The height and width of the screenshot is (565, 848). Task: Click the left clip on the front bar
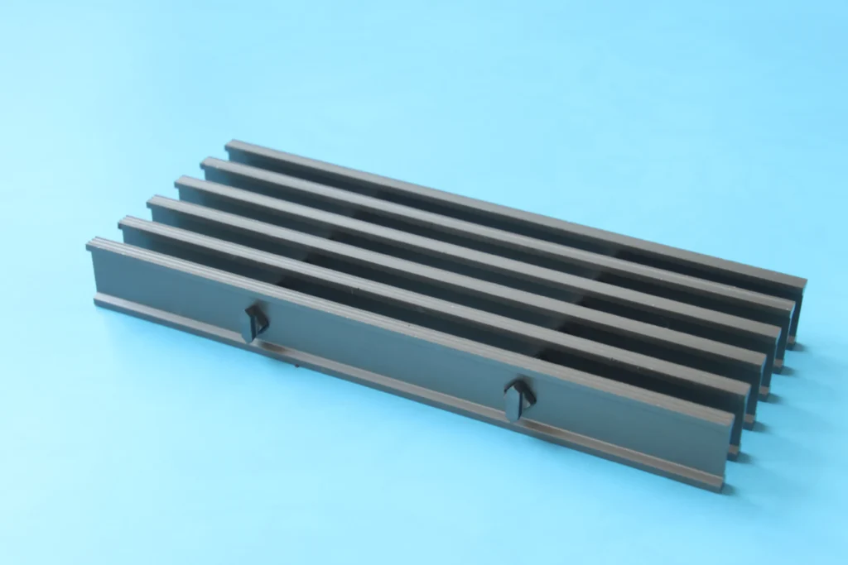[x=254, y=322]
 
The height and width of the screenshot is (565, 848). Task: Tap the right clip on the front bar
[x=519, y=399]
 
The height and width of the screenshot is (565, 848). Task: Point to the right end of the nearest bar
[x=730, y=447]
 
